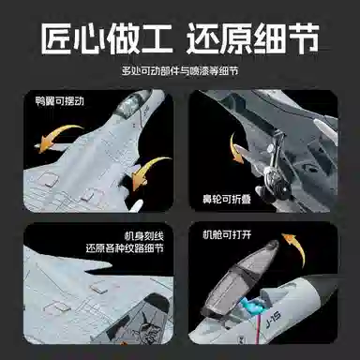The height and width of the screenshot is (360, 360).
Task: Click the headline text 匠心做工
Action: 107,38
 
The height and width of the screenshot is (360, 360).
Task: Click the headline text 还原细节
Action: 253,38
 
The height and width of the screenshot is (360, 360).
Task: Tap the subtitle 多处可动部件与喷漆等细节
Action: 180,71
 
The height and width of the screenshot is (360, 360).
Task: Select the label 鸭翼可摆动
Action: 60,100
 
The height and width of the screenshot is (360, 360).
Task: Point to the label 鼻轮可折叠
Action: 227,199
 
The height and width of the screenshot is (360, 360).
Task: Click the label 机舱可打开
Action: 227,234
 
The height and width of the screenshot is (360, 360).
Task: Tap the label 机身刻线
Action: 144,235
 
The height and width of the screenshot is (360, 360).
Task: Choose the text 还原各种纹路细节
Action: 125,248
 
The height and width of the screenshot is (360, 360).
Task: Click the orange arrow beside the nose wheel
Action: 235,148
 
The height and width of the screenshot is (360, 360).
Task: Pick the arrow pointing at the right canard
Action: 148,171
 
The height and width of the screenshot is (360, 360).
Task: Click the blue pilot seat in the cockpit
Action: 252,307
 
